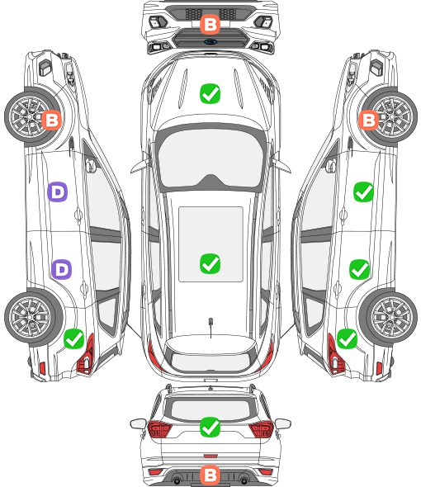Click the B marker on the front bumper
click(x=210, y=24)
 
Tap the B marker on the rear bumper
click(x=210, y=475)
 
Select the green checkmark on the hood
click(x=210, y=93)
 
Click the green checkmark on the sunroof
click(x=210, y=263)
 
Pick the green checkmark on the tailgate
click(x=210, y=427)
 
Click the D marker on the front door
click(x=57, y=192)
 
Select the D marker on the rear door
click(x=62, y=269)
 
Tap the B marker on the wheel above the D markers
click(x=51, y=120)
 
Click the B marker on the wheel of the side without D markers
click(x=368, y=120)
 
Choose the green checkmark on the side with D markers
click(x=74, y=338)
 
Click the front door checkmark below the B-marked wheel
click(x=363, y=192)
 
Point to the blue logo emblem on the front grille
click(x=210, y=42)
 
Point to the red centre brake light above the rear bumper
click(x=210, y=456)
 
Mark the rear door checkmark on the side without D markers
click(x=359, y=269)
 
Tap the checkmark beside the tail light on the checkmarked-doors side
click(x=347, y=338)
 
